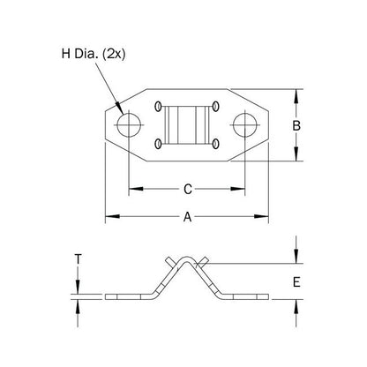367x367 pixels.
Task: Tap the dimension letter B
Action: tap(298, 126)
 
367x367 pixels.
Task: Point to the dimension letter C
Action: tap(186, 188)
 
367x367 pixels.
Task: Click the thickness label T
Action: tap(79, 259)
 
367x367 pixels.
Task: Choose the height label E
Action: tap(298, 282)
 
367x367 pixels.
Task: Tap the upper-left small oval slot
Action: tap(159, 108)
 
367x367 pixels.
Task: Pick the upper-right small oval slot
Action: tap(214, 108)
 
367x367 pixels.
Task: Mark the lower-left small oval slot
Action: tap(159, 143)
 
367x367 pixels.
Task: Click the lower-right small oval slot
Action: tap(214, 143)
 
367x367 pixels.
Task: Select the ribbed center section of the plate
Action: tap(186, 125)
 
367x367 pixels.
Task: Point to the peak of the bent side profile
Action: tap(186, 255)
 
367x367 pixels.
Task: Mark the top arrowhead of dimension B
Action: tap(298, 93)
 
